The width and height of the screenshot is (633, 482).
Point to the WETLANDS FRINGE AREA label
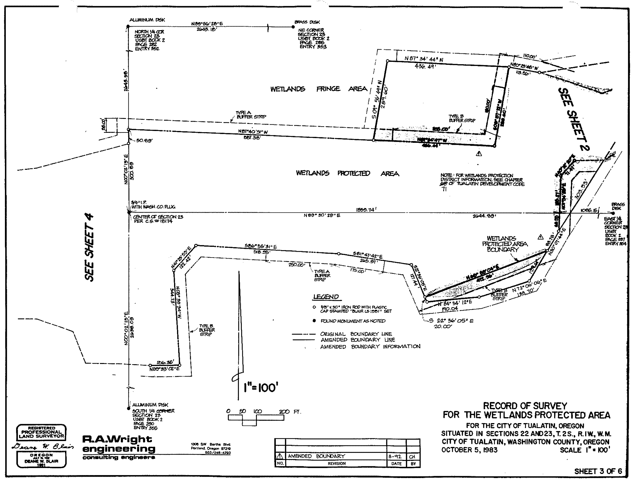click(319, 89)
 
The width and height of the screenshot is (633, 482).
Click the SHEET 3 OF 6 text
click(598, 471)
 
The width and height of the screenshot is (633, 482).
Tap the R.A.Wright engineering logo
click(118, 448)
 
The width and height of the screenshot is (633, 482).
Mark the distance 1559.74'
click(366, 210)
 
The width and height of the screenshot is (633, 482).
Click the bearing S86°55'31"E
click(261, 246)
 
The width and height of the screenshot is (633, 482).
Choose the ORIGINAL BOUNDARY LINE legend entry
click(356, 334)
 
